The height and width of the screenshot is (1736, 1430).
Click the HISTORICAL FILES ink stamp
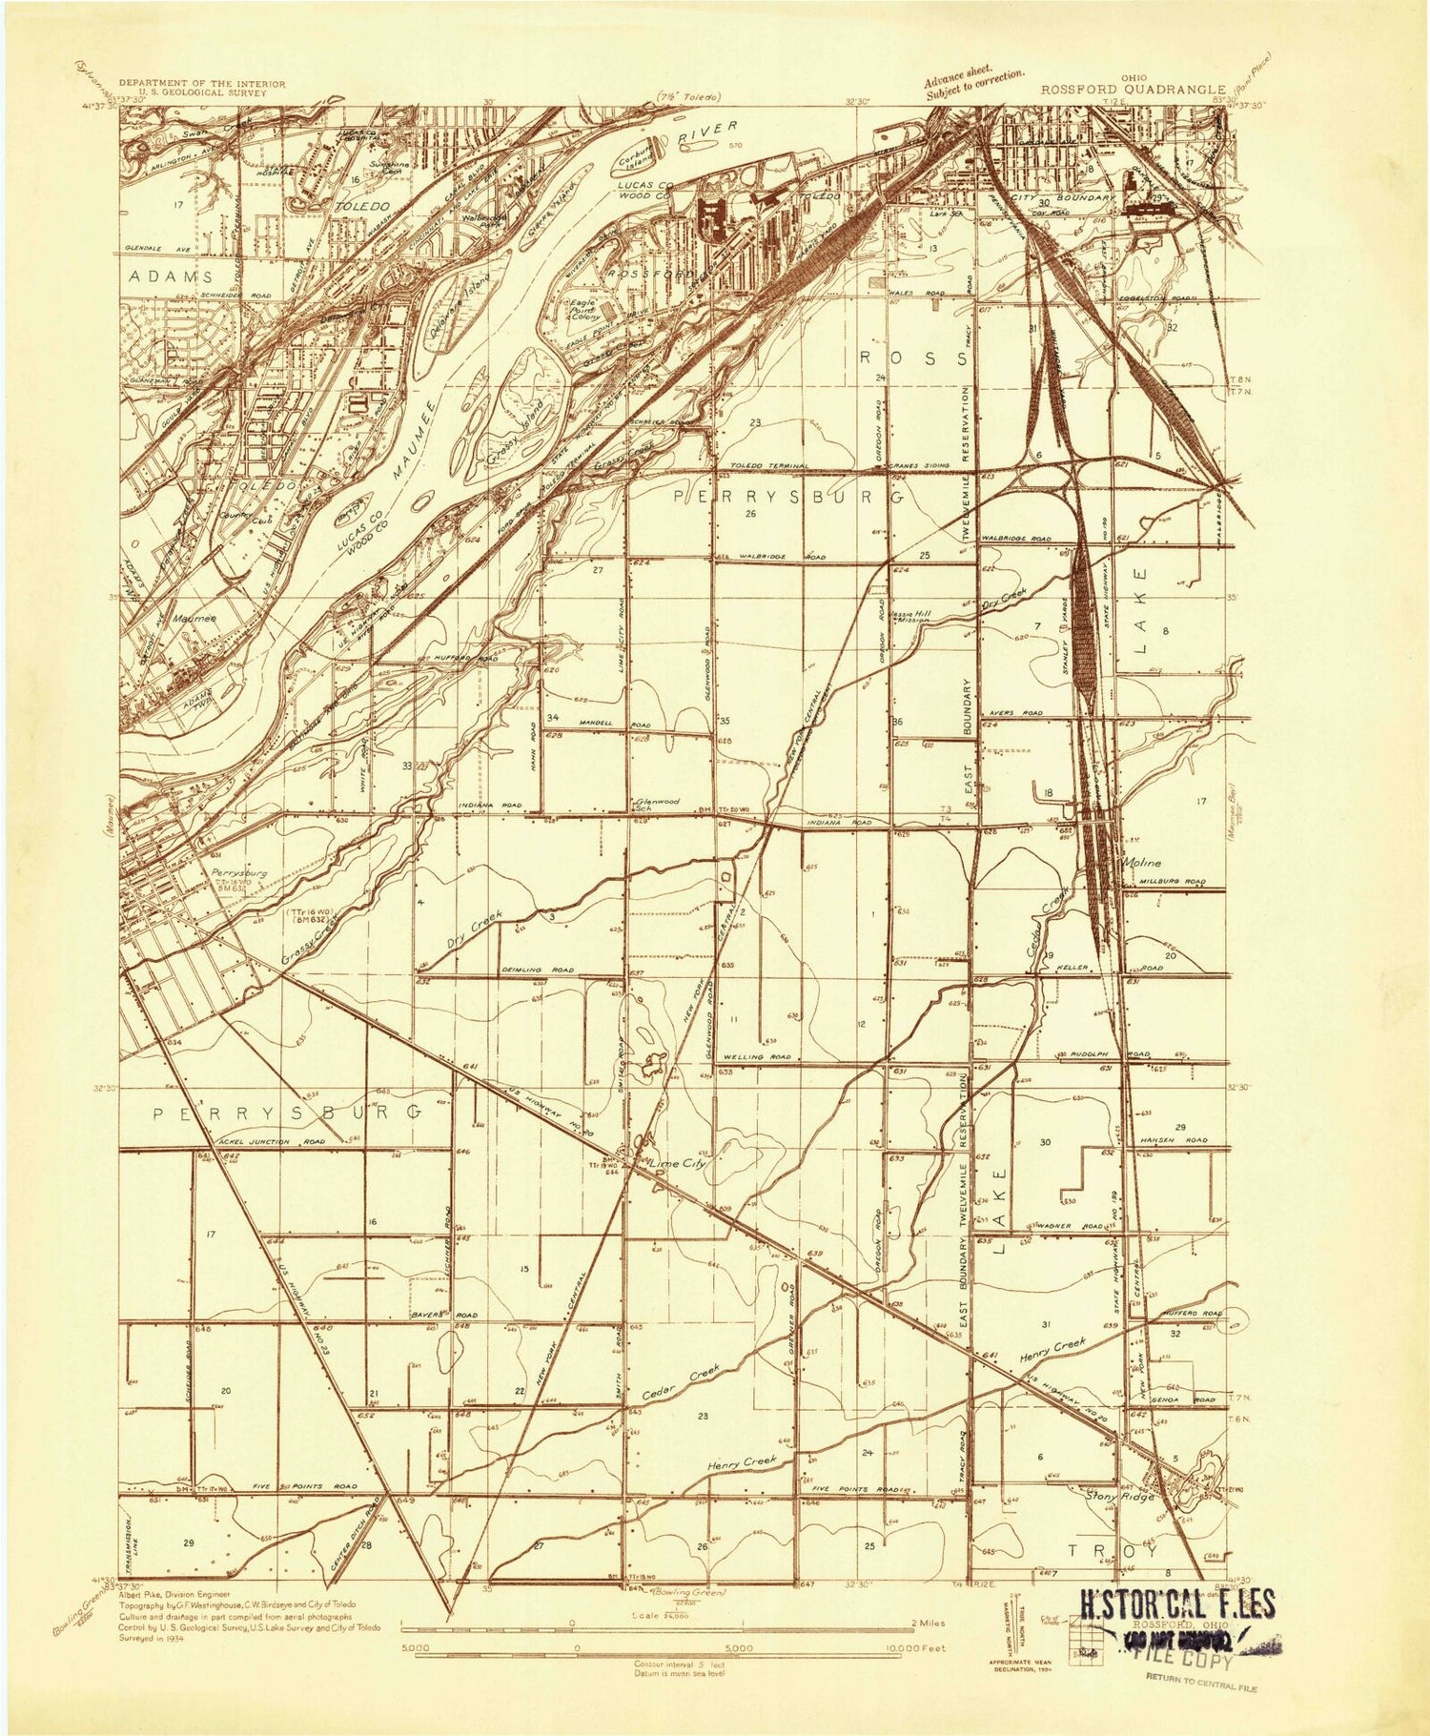pos(1175,1604)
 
